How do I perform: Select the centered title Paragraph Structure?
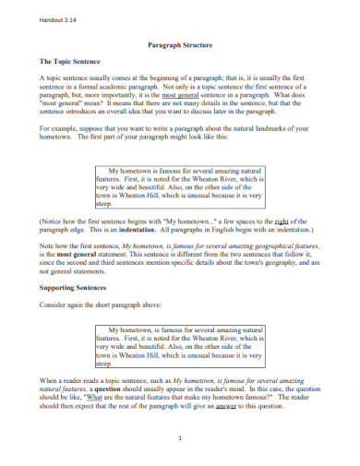click(179, 43)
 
